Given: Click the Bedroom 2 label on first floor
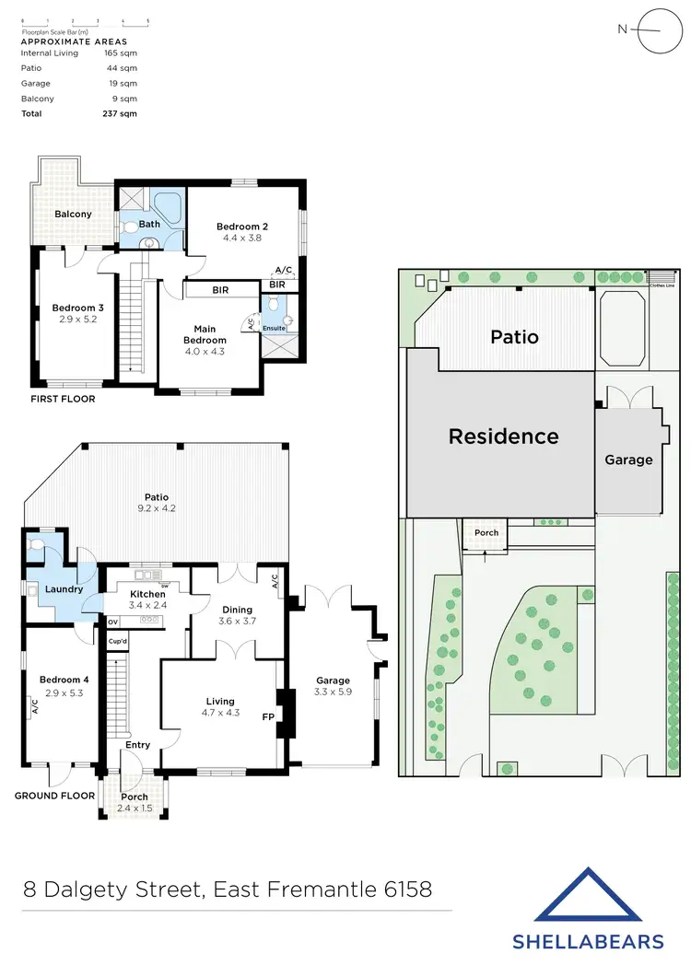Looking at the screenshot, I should [x=242, y=227].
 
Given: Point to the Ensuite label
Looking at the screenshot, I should [x=275, y=328].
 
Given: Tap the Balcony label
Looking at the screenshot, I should [x=73, y=215].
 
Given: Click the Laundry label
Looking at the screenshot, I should [x=63, y=589].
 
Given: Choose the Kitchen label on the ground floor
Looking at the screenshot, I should [x=147, y=595].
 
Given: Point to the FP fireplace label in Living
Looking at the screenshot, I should [x=268, y=715].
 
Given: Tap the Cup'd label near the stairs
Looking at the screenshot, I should [x=117, y=641].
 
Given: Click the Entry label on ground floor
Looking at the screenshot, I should [x=138, y=746].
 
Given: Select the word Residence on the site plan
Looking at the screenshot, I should [x=503, y=436].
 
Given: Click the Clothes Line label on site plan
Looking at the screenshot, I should [x=662, y=285].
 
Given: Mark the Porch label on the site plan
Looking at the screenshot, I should [x=486, y=533].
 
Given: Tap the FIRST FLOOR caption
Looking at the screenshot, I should [x=62, y=400].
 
